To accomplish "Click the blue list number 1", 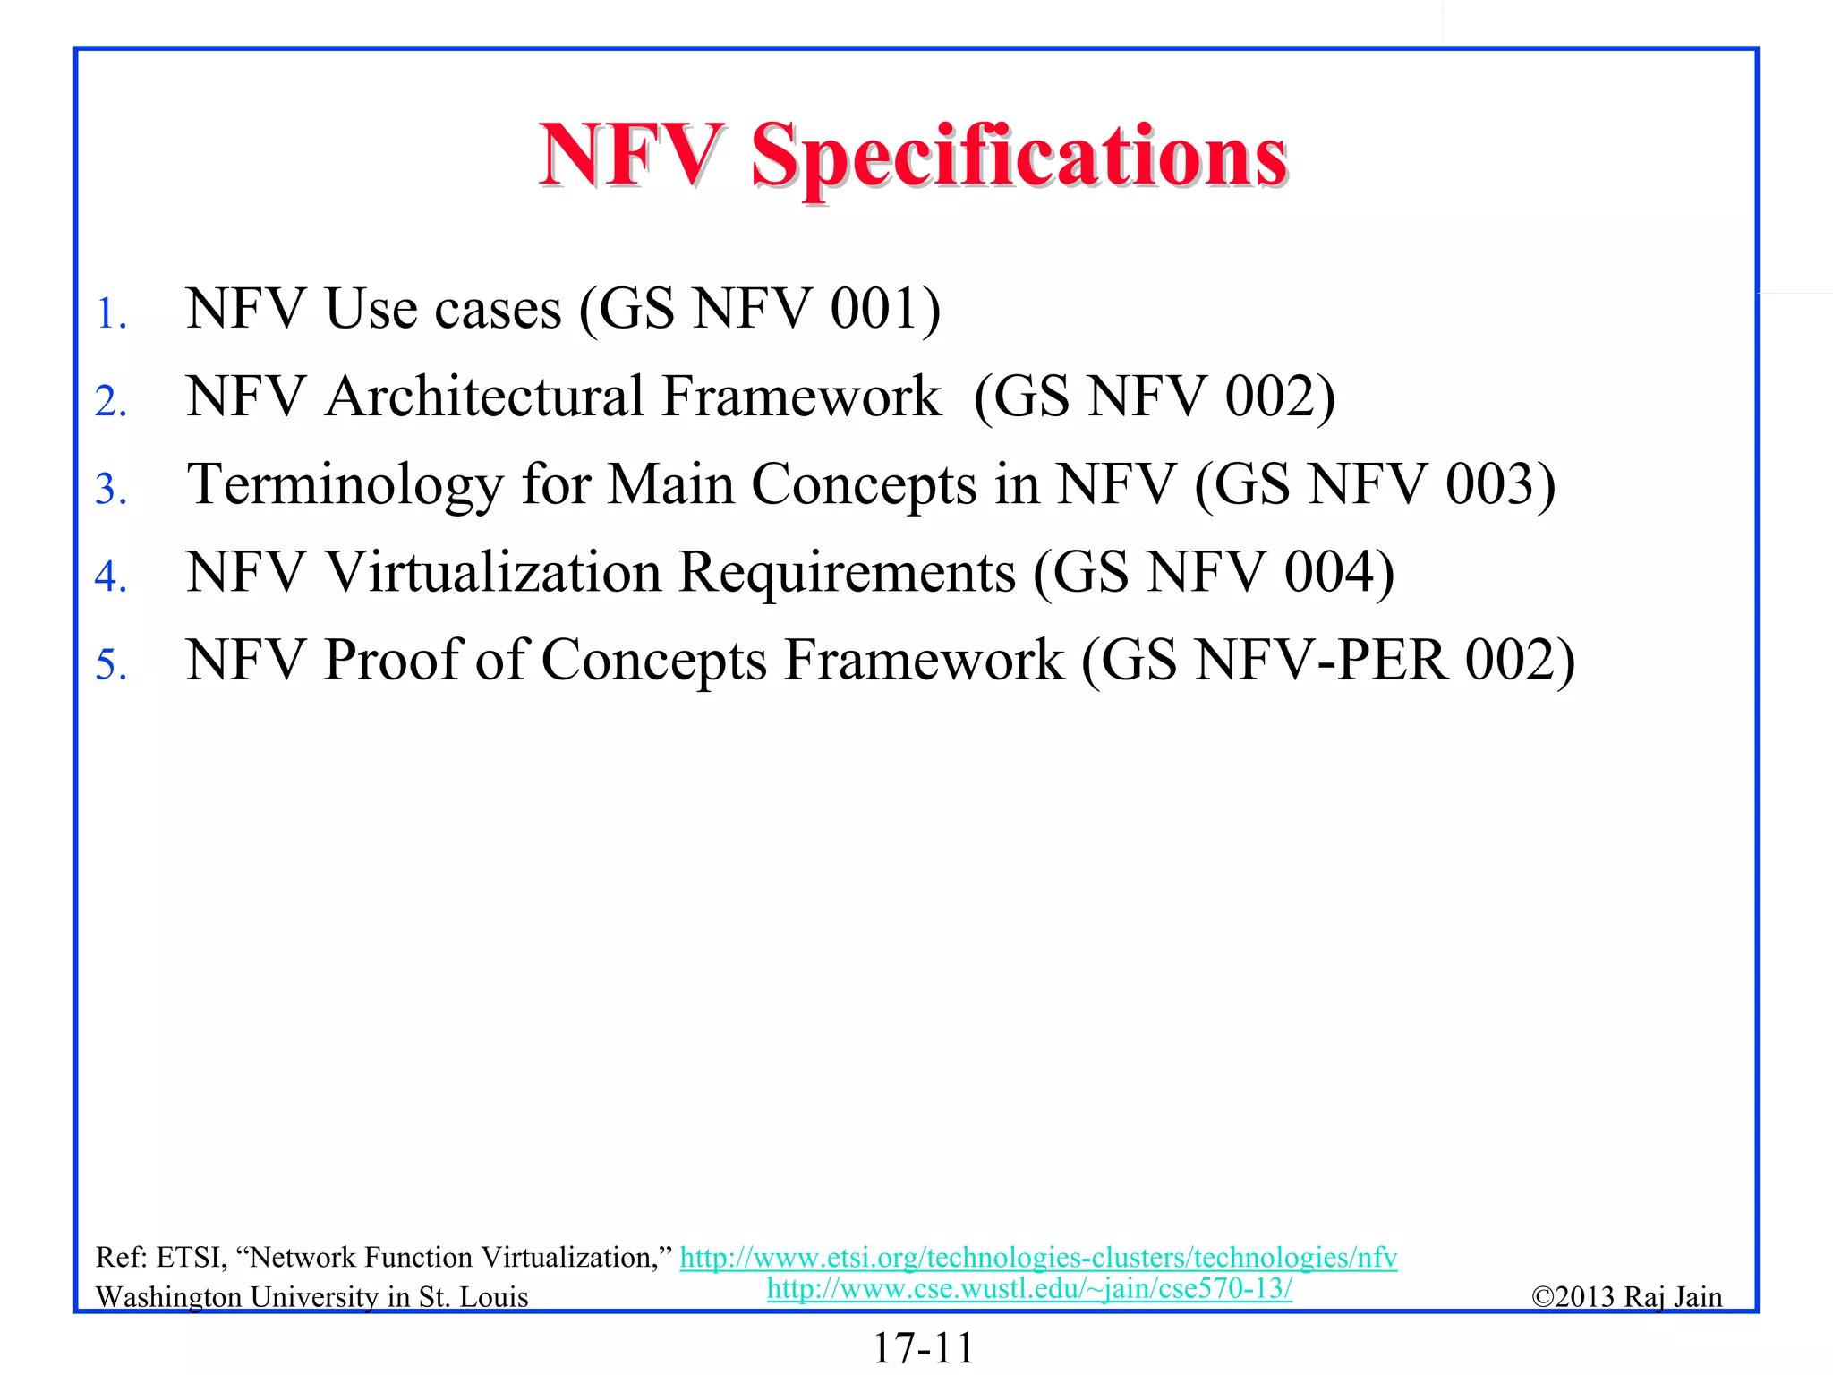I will (x=110, y=314).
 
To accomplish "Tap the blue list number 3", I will (x=110, y=489).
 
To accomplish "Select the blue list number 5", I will (x=110, y=665).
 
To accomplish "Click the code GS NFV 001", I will (x=760, y=309).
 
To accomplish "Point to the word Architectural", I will (x=483, y=396).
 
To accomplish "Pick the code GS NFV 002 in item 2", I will (x=1154, y=397).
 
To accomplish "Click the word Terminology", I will (x=345, y=485).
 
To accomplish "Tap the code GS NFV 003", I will (x=1375, y=484).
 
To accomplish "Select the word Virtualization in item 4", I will (x=493, y=572).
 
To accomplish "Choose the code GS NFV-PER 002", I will (x=1328, y=661).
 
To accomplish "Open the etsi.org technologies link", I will (x=1038, y=1258).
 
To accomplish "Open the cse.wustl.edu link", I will (x=1029, y=1288).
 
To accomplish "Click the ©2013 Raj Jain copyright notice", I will (x=1626, y=1296).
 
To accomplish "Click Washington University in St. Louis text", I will (x=311, y=1297).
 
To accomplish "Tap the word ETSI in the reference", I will (x=191, y=1258).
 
